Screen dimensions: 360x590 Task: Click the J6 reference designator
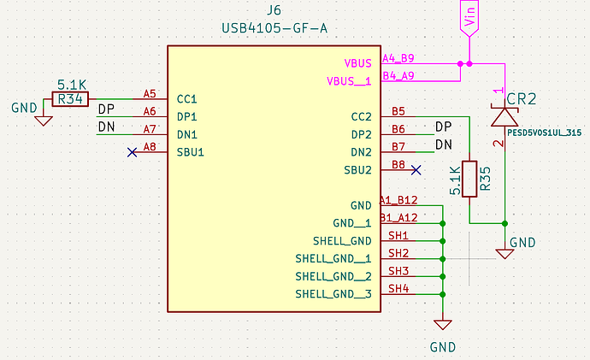tap(274, 10)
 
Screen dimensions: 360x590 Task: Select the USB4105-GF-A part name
tap(274, 29)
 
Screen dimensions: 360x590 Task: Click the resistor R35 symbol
tap(469, 179)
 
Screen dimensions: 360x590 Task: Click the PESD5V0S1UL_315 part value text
tap(544, 133)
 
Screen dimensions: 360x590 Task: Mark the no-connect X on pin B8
tap(416, 169)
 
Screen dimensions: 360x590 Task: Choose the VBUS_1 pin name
tap(349, 81)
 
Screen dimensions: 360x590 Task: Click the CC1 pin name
tap(187, 100)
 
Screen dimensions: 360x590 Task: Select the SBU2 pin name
tap(355, 169)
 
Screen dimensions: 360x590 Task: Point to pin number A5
tap(150, 94)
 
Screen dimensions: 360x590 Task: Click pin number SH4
tap(398, 288)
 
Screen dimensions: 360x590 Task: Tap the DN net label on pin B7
tap(443, 145)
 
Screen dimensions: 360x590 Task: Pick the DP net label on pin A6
tap(106, 110)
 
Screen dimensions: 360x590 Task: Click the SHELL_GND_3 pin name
tap(333, 294)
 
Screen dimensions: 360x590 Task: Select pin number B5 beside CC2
tap(398, 111)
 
